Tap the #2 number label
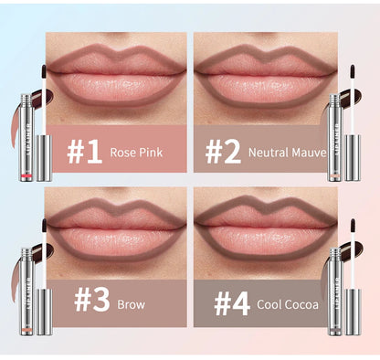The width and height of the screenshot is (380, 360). tap(224, 151)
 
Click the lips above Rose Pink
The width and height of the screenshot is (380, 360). tap(114, 72)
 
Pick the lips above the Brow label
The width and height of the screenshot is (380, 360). tap(114, 228)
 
